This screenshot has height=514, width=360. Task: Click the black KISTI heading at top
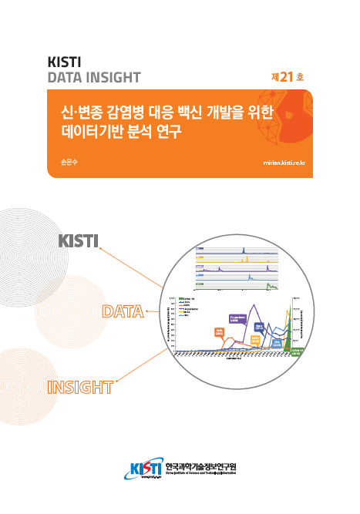click(66, 62)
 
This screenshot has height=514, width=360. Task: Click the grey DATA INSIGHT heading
click(94, 77)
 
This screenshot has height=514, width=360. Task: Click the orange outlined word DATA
click(123, 312)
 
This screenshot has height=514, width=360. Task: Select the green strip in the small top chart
click(270, 287)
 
